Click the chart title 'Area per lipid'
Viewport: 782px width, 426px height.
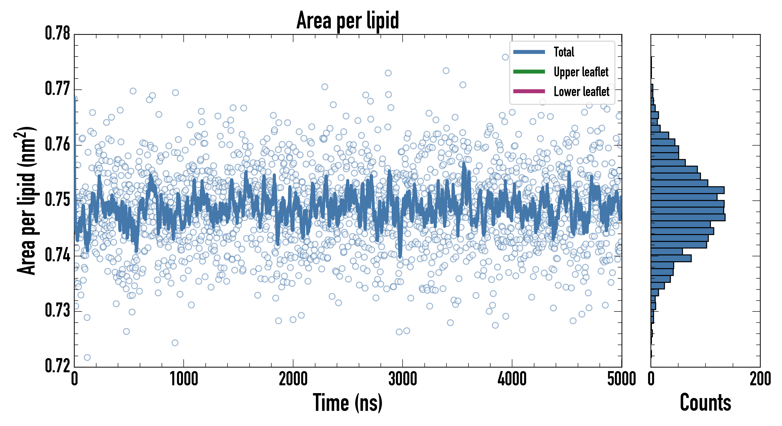348,20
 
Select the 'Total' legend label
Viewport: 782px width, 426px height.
564,52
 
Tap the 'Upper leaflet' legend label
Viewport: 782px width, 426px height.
581,72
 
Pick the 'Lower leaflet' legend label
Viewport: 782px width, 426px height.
581,92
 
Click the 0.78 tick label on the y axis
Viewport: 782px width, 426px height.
58,33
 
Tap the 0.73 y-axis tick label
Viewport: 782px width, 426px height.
58,311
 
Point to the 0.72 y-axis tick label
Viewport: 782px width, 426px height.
58,366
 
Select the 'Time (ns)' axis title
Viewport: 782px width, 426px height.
348,403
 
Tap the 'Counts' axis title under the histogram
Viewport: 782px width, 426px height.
705,403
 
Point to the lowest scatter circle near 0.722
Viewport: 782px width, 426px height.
87,357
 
